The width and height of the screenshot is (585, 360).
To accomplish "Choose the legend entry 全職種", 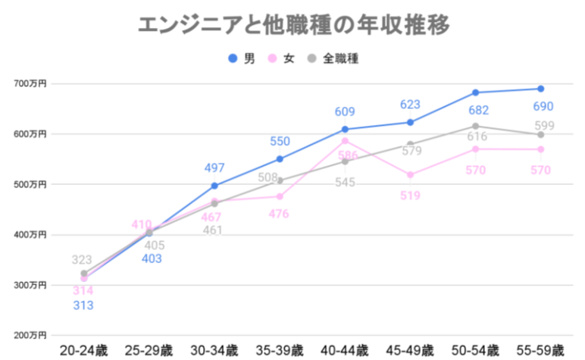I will point(333,58).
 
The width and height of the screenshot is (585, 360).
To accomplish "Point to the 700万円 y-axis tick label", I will point(30,83).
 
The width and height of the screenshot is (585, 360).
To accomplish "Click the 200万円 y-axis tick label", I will point(30,335).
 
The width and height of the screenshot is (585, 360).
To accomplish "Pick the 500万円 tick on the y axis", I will point(30,184).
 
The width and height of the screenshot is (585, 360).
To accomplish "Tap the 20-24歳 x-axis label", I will point(84,351).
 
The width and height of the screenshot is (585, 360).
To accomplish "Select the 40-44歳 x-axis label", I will point(345,351).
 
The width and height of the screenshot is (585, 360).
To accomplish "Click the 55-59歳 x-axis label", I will point(540,351).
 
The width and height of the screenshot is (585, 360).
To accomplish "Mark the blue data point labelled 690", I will point(541,89).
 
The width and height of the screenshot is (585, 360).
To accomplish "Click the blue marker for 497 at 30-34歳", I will point(214,186).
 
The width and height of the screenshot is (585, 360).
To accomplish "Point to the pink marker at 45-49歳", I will point(410,175).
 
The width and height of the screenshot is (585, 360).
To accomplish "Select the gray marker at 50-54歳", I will point(475,126).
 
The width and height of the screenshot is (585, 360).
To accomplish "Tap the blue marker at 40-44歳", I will point(345,130).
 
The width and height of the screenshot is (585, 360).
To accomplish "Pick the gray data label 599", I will point(543,126).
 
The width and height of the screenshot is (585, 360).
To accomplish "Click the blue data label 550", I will point(280,141).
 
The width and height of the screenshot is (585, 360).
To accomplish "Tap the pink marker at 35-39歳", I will point(280,196).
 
